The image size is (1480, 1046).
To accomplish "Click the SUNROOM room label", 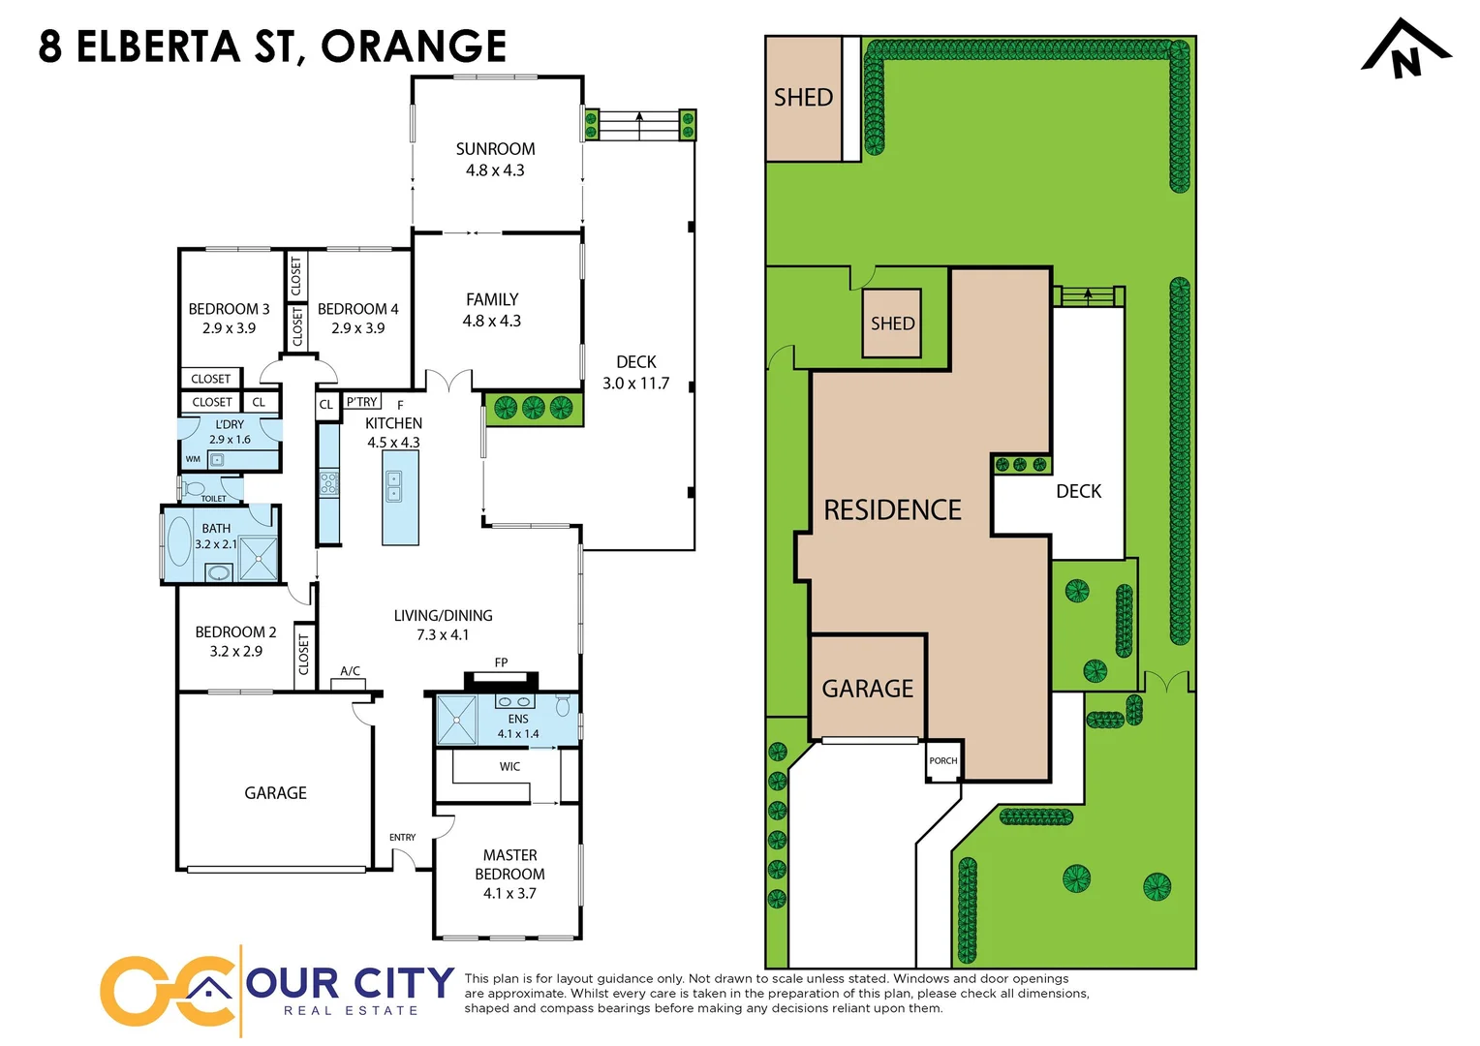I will pos(495,149).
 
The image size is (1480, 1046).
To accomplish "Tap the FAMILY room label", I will pos(492,300).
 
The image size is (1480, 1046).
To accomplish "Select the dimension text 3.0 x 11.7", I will pos(635,384).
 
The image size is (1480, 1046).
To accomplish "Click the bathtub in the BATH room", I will pos(179,540).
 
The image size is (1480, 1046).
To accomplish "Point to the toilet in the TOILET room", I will pos(193,488).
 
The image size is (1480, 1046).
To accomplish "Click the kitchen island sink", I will pos(394,486).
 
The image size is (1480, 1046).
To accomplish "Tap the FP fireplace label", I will pos(501,662).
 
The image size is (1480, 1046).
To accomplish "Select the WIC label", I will pos(509,766).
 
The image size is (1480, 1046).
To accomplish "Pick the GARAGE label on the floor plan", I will pos(275,793).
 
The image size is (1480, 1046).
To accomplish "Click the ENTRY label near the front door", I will pos(402,837).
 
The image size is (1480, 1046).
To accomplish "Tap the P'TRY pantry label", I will pos(362,402).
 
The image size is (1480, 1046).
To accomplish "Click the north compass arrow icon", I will pos(1405,50).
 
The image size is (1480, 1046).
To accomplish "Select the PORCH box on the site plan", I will pos(942,761).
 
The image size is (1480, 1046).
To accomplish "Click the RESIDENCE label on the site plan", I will pos(892,510).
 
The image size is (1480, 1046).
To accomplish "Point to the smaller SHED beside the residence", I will pos(892,323).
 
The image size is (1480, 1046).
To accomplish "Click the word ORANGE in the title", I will pos(414,46).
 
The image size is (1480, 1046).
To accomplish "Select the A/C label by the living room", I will pos(350,671).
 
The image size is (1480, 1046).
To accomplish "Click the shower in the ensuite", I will pos(456,720).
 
